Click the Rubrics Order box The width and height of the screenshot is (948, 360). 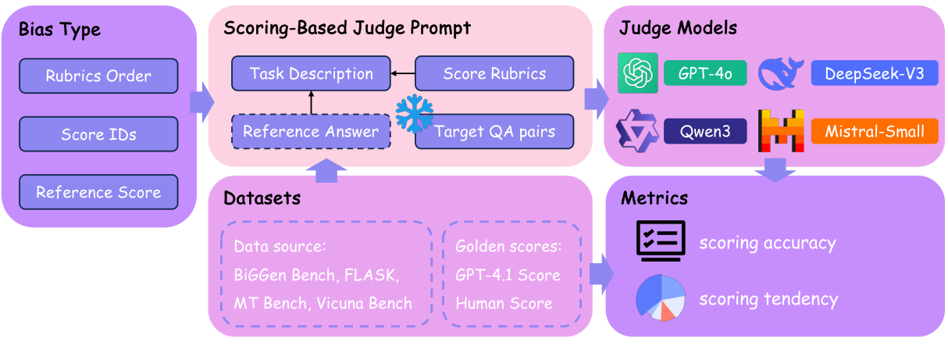(x=98, y=77)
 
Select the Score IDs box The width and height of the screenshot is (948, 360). (x=98, y=134)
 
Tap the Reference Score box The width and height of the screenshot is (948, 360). (x=98, y=192)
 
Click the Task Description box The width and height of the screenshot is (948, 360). (x=311, y=73)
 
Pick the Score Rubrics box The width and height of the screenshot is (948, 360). (x=494, y=73)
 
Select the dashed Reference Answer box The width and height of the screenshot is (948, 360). (x=311, y=130)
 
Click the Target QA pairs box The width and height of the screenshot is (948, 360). (x=494, y=131)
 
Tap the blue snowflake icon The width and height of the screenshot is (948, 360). (x=414, y=115)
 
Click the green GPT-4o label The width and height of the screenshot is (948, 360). (x=705, y=73)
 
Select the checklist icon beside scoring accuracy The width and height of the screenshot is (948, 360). (x=661, y=241)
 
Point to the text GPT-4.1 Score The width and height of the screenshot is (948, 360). (x=508, y=275)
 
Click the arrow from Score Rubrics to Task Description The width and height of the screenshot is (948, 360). (x=402, y=73)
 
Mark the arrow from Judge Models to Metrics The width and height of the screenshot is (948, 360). (x=775, y=168)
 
